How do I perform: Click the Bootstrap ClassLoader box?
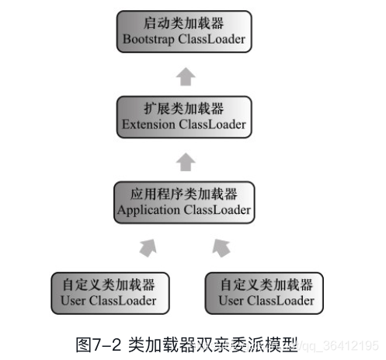coord(185,31)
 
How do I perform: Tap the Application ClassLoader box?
coord(185,201)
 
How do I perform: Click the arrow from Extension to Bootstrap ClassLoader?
coord(185,75)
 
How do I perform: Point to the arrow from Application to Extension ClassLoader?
coord(185,161)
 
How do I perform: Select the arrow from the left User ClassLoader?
coord(147,247)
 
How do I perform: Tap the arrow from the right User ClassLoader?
coord(221,247)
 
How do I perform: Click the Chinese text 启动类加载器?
coord(185,23)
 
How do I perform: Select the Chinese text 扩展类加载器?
coord(185,108)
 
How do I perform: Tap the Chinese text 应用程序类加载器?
coord(185,193)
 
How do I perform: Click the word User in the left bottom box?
coord(71,299)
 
